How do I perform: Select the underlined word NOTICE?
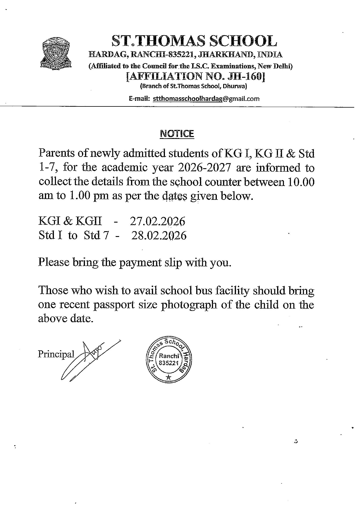(x=177, y=134)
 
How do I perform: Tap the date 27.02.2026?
(x=157, y=221)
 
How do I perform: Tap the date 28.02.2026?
(x=159, y=236)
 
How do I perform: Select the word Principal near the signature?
(x=56, y=354)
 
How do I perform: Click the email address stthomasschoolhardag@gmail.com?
(x=206, y=99)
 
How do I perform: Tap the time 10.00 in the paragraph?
(x=301, y=182)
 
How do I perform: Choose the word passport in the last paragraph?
(x=116, y=305)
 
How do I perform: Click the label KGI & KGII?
(x=70, y=221)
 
